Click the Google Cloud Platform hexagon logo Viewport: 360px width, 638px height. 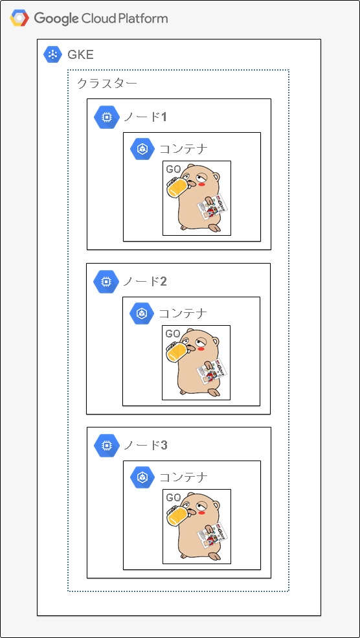tap(19, 18)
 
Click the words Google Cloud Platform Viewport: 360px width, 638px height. tap(101, 18)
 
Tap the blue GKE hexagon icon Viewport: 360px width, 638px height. tap(52, 54)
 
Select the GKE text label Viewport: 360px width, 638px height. tap(81, 55)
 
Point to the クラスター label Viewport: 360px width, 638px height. tap(107, 84)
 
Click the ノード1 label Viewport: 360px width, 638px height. tap(145, 117)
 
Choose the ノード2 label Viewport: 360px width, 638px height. tap(145, 281)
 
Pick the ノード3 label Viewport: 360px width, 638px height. tap(145, 445)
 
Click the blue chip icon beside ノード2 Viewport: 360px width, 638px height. tap(105, 281)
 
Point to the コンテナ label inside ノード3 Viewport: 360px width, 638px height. tap(183, 477)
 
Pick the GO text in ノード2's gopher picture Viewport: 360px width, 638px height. tap(173, 334)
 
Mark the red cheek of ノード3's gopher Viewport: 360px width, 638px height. tap(201, 512)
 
